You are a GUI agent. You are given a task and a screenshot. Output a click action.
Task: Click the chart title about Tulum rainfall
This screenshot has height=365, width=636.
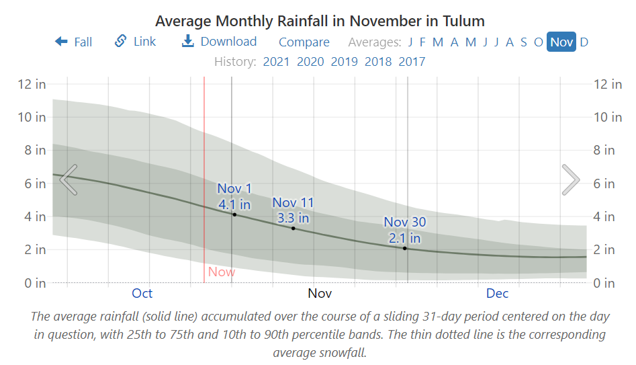point(320,22)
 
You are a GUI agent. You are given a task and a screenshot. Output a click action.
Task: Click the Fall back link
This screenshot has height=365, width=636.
point(74,42)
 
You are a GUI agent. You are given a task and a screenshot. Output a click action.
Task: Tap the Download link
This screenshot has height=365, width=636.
point(219,42)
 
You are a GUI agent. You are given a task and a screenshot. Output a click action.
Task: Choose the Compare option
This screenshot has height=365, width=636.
point(304,42)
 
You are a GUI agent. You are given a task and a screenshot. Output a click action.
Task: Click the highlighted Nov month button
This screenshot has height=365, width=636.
point(561,42)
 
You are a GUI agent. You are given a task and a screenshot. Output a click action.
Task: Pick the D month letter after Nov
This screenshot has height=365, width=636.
point(584,42)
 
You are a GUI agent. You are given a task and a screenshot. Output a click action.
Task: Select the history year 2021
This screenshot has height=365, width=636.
point(276,62)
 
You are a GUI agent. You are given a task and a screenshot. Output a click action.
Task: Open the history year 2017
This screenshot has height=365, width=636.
point(412,62)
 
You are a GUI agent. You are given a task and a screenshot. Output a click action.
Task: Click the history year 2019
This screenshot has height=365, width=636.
point(344,62)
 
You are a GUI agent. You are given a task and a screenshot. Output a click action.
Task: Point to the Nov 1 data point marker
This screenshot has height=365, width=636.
point(234,214)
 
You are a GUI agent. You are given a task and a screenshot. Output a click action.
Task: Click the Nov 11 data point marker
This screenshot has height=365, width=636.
point(293,229)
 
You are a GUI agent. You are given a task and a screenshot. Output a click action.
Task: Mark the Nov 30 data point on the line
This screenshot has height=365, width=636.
point(405,248)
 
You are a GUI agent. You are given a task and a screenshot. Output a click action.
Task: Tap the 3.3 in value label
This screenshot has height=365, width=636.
point(293,218)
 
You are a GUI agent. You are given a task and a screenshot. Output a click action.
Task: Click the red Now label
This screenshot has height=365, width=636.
point(222,272)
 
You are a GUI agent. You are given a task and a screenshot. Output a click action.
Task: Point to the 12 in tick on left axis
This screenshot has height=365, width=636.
point(32,84)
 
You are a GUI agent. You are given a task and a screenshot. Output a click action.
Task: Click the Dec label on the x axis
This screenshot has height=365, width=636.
point(497,293)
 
